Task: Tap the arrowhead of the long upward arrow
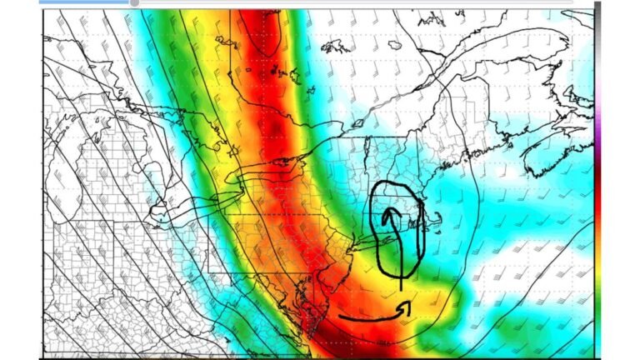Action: pos(388,215)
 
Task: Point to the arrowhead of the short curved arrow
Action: pos(407,307)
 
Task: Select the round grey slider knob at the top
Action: pos(133,2)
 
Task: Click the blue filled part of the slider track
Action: pos(83,2)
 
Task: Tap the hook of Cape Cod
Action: pos(434,218)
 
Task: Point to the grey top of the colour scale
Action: pos(597,25)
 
